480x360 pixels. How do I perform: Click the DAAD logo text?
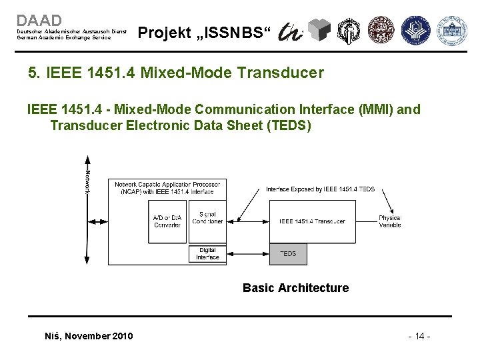tap(39, 21)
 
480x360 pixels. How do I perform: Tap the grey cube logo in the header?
tap(321, 29)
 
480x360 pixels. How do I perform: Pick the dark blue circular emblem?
tap(419, 31)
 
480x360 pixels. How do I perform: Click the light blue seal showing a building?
tap(452, 31)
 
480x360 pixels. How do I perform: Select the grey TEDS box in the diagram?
tap(288, 254)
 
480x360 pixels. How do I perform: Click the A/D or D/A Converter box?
tap(167, 221)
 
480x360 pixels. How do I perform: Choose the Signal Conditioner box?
tap(207, 218)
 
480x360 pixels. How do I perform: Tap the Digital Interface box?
tap(207, 254)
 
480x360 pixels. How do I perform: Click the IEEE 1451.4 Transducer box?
tap(312, 221)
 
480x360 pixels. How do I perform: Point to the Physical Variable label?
tap(389, 221)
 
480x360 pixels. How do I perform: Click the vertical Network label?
tap(87, 181)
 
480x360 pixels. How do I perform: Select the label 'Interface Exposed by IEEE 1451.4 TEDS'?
tap(320, 189)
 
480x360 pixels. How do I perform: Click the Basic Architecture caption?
tap(295, 288)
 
